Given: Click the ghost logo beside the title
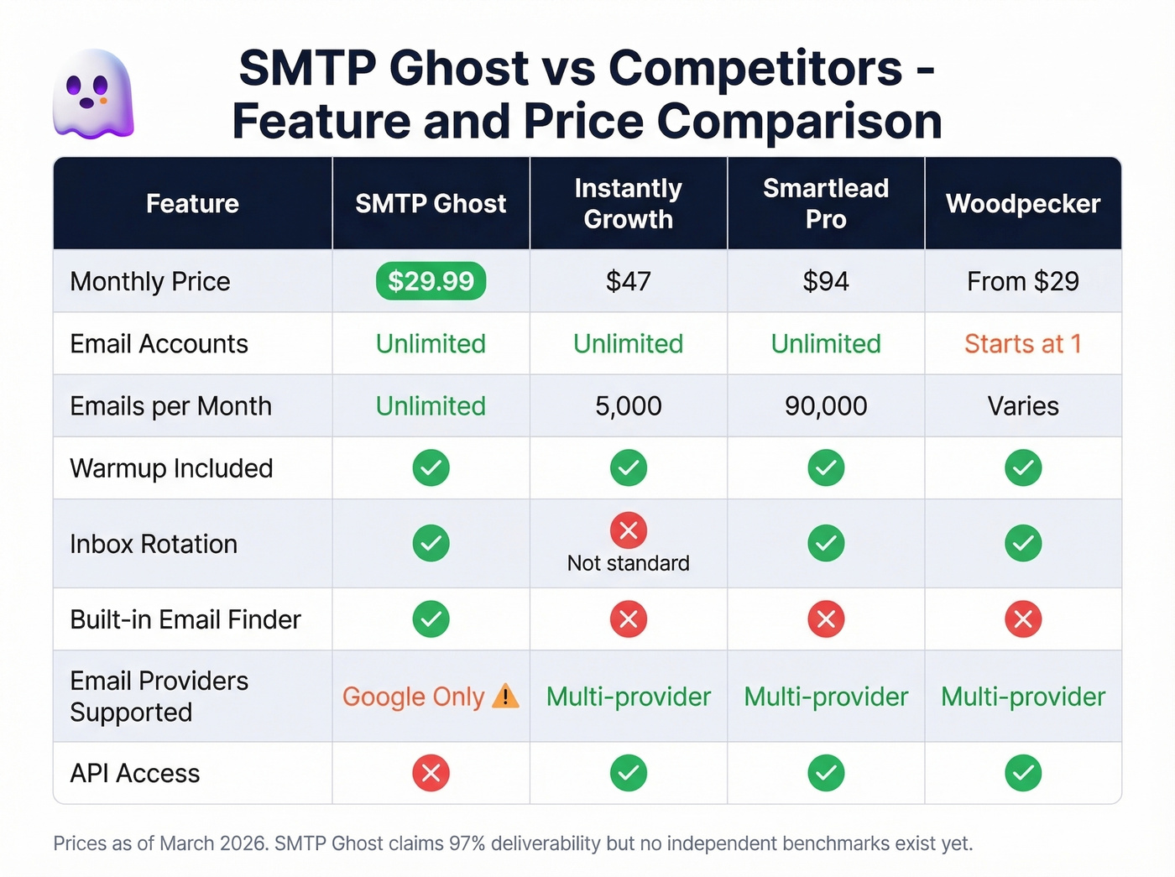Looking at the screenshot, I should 93,94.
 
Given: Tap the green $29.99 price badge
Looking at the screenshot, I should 431,281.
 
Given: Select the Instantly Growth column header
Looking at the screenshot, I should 628,204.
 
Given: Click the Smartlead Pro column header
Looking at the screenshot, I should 826,204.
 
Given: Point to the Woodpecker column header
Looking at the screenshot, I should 1022,204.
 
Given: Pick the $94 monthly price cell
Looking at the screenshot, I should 826,281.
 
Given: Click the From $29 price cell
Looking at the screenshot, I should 1022,281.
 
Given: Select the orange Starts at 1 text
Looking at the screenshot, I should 1022,344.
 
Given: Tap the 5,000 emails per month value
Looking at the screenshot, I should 628,406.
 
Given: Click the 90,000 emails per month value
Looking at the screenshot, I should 826,406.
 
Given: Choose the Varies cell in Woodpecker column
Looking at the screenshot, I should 1022,406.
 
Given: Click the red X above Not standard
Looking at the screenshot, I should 628,530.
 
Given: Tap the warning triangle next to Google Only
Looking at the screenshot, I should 505,696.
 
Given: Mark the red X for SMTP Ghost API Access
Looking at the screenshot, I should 431,773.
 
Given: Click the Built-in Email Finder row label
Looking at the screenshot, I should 185,619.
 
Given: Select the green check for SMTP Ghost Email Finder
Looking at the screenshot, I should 431,619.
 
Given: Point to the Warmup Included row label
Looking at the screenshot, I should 171,468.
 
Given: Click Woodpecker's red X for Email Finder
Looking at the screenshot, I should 1022,619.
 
